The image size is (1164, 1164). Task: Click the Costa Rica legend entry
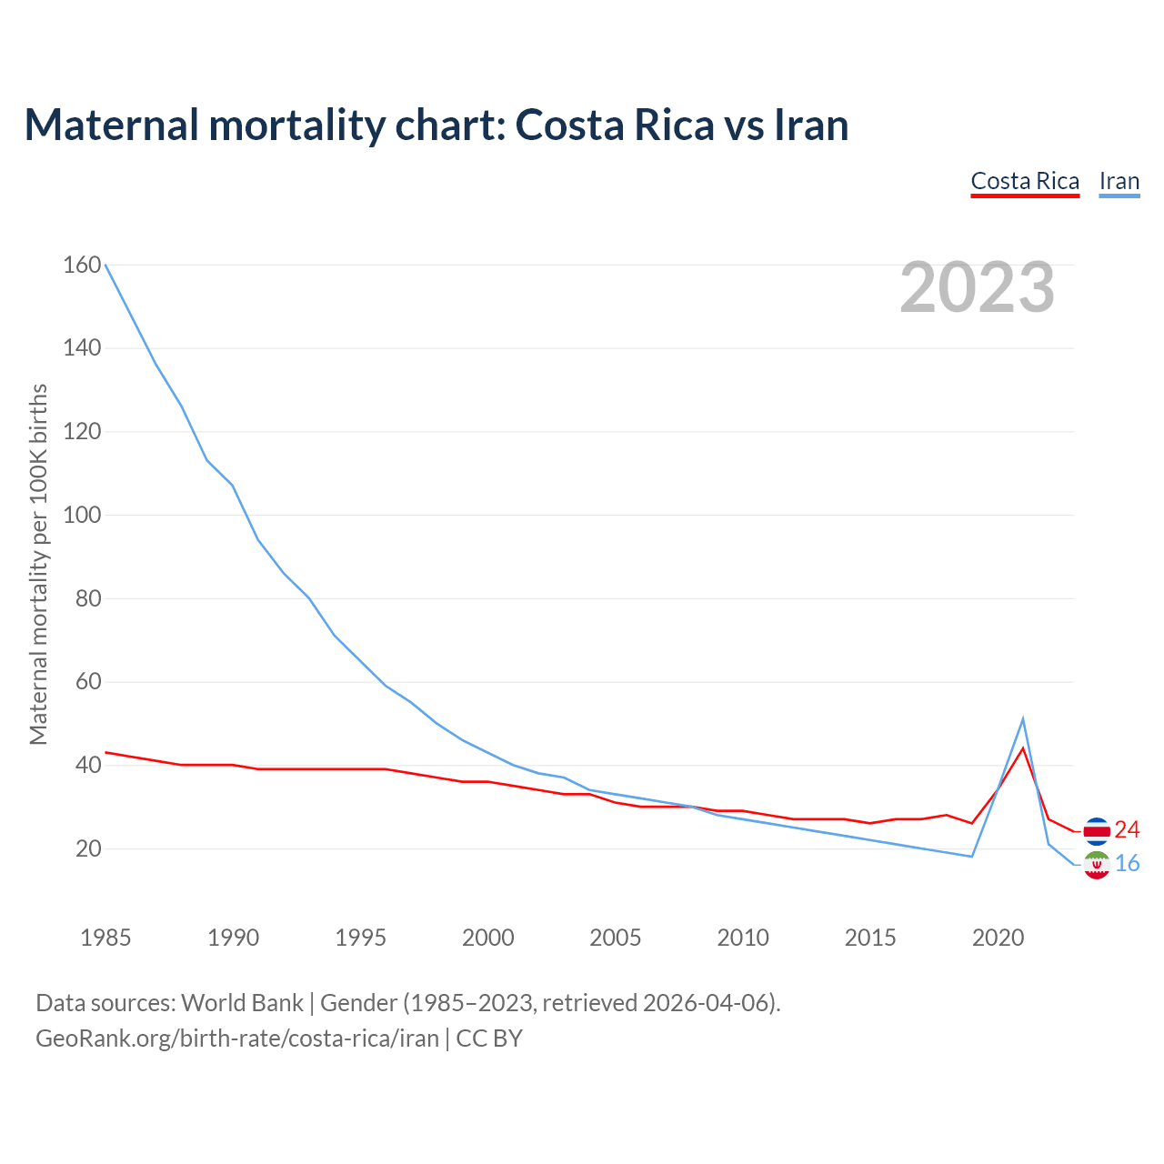[1025, 181]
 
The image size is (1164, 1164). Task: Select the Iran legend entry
[1119, 181]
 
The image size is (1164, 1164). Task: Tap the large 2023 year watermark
[978, 287]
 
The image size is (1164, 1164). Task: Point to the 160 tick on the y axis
[82, 265]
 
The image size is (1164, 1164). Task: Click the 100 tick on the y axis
[82, 515]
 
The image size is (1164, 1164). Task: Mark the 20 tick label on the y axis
[88, 848]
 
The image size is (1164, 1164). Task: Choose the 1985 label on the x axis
[105, 938]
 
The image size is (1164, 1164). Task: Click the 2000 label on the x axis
[488, 938]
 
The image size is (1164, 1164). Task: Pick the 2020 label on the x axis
[998, 938]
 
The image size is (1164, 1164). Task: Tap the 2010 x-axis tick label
[743, 938]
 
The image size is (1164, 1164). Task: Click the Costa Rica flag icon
[1097, 830]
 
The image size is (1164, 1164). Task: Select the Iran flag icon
[1097, 865]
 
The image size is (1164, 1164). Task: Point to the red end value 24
[1128, 829]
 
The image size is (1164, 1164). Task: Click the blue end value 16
[1128, 863]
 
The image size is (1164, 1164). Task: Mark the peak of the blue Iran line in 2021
[1023, 719]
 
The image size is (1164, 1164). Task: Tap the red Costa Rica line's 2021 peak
[1023, 748]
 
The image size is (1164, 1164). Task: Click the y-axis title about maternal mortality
[38, 564]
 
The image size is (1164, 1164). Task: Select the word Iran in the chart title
[811, 125]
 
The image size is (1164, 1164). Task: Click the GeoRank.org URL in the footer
[237, 1038]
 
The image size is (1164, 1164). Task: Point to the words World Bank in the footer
[242, 1003]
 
